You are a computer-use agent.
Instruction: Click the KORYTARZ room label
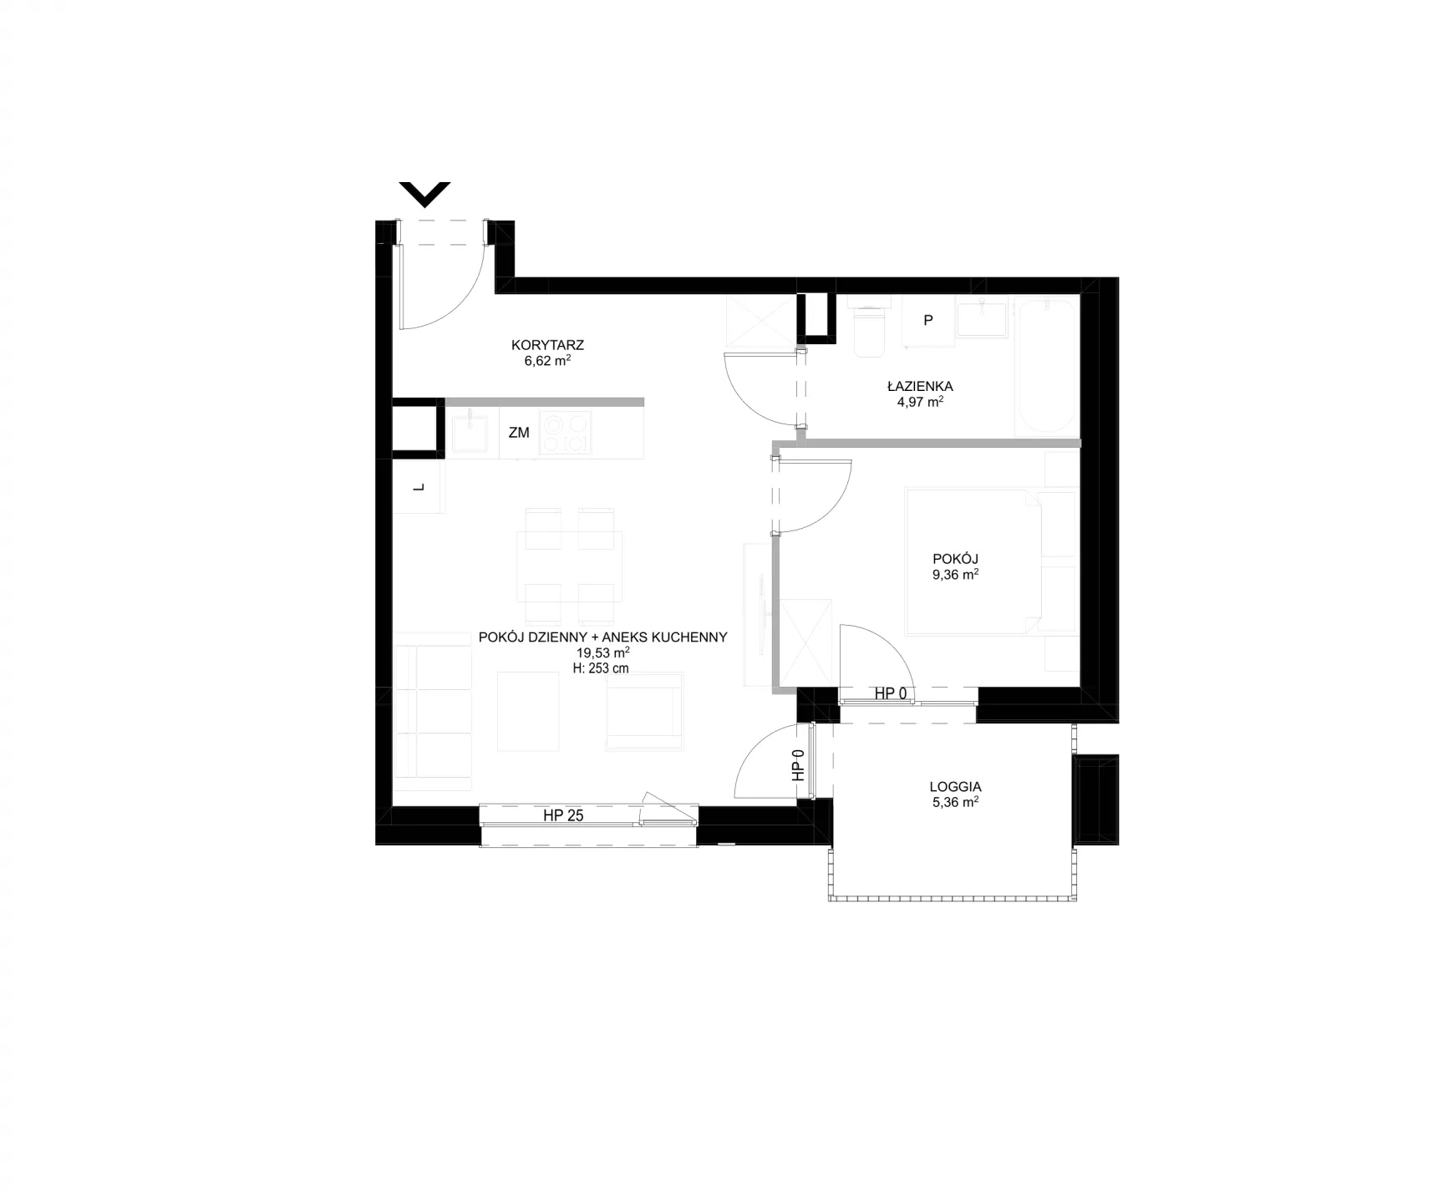[547, 344]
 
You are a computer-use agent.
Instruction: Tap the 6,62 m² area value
[547, 361]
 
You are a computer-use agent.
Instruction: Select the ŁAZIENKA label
[920, 386]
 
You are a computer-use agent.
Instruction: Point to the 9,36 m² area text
[955, 575]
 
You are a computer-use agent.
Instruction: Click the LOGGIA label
[955, 786]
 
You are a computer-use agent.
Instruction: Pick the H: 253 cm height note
[603, 668]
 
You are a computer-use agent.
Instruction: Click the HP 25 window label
[563, 815]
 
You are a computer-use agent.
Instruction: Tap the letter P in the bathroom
[928, 320]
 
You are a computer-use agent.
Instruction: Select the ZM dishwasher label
[519, 433]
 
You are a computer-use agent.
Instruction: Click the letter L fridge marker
[419, 487]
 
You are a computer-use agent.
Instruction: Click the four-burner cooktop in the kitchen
[565, 433]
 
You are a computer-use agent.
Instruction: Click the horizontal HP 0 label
[891, 693]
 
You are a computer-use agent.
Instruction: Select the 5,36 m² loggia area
[955, 802]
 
